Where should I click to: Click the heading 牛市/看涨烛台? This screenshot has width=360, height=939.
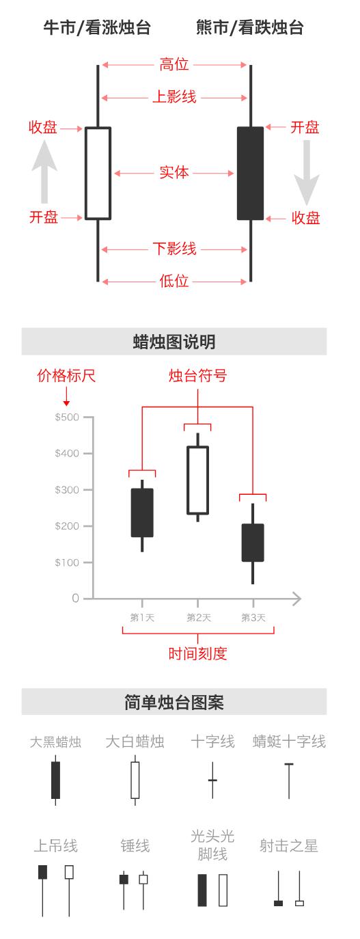(x=97, y=27)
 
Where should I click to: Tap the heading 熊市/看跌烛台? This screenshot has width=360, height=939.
(x=250, y=27)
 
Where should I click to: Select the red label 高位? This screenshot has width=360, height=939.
(x=174, y=64)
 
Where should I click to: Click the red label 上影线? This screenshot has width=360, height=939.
(x=174, y=97)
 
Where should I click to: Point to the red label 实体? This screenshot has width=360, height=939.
(x=174, y=172)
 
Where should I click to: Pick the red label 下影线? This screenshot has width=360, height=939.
(x=174, y=249)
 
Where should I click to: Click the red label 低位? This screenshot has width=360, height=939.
(x=174, y=280)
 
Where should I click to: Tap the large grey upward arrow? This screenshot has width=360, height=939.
(x=44, y=172)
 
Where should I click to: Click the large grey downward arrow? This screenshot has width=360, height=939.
(x=307, y=173)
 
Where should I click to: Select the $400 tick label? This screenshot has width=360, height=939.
(x=67, y=453)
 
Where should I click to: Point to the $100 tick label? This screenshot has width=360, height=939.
(x=67, y=562)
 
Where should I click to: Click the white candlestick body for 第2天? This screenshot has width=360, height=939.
(x=197, y=480)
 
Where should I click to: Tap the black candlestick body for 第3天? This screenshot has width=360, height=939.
(x=253, y=543)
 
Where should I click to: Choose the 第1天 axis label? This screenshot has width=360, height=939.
(x=142, y=618)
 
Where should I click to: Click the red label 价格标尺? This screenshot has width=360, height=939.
(x=66, y=375)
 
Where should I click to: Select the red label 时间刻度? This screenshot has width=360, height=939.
(x=197, y=653)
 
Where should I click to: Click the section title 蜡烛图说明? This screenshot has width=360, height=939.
(x=174, y=342)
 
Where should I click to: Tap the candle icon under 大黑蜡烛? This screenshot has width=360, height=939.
(x=55, y=780)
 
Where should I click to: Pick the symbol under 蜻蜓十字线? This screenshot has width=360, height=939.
(x=289, y=781)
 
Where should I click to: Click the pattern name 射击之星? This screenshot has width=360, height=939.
(x=289, y=846)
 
